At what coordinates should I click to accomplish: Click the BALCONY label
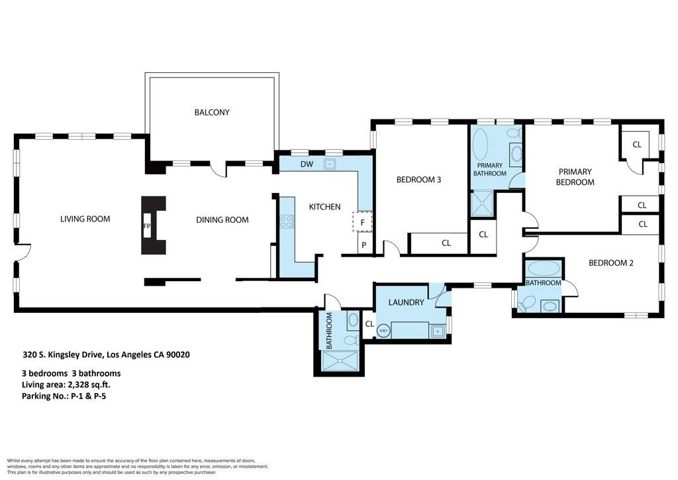click(212, 112)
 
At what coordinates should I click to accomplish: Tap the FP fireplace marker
click(146, 226)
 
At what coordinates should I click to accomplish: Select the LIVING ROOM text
click(85, 219)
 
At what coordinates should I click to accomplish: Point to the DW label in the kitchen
click(307, 164)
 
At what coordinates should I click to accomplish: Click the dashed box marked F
click(362, 222)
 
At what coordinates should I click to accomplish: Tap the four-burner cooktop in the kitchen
click(287, 222)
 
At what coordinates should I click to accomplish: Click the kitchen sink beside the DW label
click(330, 164)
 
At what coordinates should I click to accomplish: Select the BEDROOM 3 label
click(418, 179)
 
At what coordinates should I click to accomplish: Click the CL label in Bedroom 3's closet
click(446, 243)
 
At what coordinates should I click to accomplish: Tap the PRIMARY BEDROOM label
click(575, 176)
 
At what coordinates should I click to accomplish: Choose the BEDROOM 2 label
click(611, 263)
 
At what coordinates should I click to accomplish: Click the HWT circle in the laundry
click(383, 330)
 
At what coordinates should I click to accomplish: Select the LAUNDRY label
click(406, 302)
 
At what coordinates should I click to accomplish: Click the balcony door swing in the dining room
click(217, 170)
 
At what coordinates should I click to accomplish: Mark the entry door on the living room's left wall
click(23, 252)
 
